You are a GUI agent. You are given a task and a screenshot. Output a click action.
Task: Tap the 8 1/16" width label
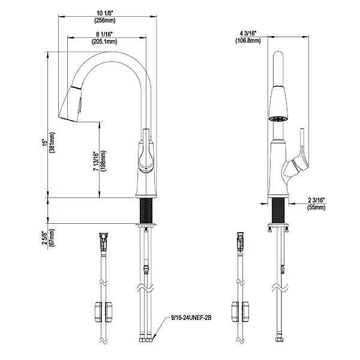(107, 34)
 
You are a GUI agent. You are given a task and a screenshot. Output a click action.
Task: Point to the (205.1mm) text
(107, 42)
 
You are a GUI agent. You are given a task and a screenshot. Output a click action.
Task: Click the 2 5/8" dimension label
(43, 239)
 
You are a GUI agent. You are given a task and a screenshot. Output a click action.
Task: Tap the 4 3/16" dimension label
(248, 33)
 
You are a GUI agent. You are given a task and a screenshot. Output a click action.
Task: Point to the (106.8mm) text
(248, 41)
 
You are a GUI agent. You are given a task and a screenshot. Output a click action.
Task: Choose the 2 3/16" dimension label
(316, 199)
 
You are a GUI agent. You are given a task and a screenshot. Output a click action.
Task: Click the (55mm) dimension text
(316, 207)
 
